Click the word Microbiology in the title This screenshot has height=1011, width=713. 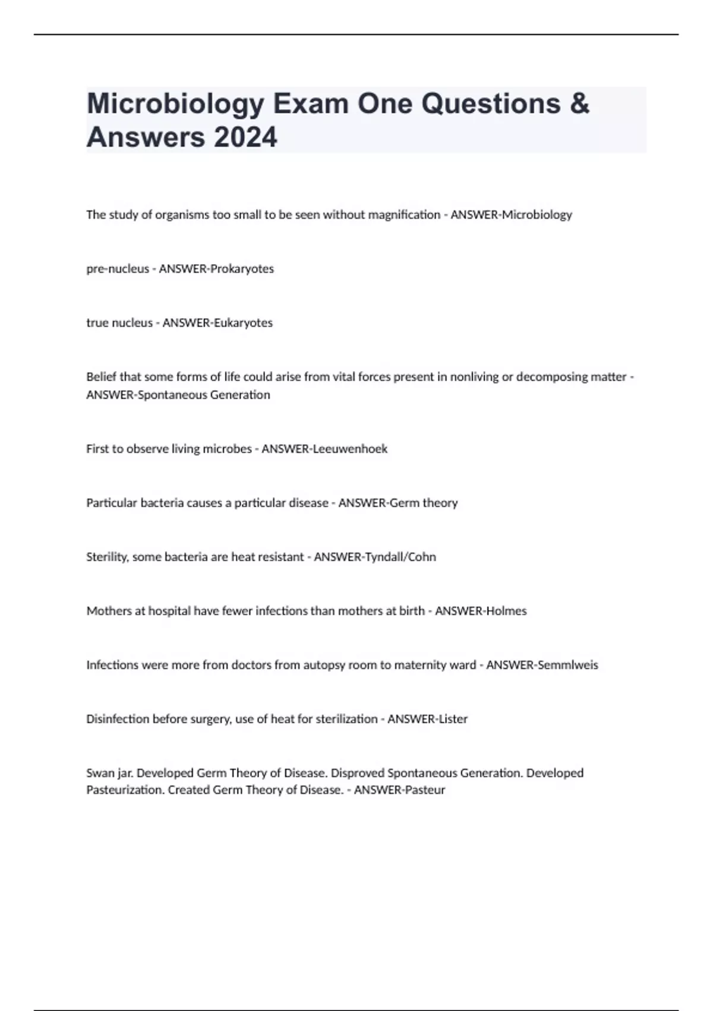tap(175, 105)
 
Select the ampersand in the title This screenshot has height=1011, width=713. tap(579, 103)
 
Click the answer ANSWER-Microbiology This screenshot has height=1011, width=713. tap(511, 215)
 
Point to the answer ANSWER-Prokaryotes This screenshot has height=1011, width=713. tap(216, 269)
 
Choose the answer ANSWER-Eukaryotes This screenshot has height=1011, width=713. tap(217, 323)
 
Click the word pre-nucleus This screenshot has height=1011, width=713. tap(118, 269)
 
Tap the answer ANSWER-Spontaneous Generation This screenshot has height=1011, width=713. tap(178, 395)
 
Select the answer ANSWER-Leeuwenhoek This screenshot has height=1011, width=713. tap(324, 449)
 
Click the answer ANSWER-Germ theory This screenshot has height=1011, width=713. tap(398, 503)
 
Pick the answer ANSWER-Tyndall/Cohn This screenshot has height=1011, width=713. tap(375, 557)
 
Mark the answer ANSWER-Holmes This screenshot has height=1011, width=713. tap(481, 611)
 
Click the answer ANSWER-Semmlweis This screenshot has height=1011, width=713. tap(542, 665)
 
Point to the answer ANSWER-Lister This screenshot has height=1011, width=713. tap(428, 719)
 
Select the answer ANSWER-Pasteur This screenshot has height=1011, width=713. tap(399, 790)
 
